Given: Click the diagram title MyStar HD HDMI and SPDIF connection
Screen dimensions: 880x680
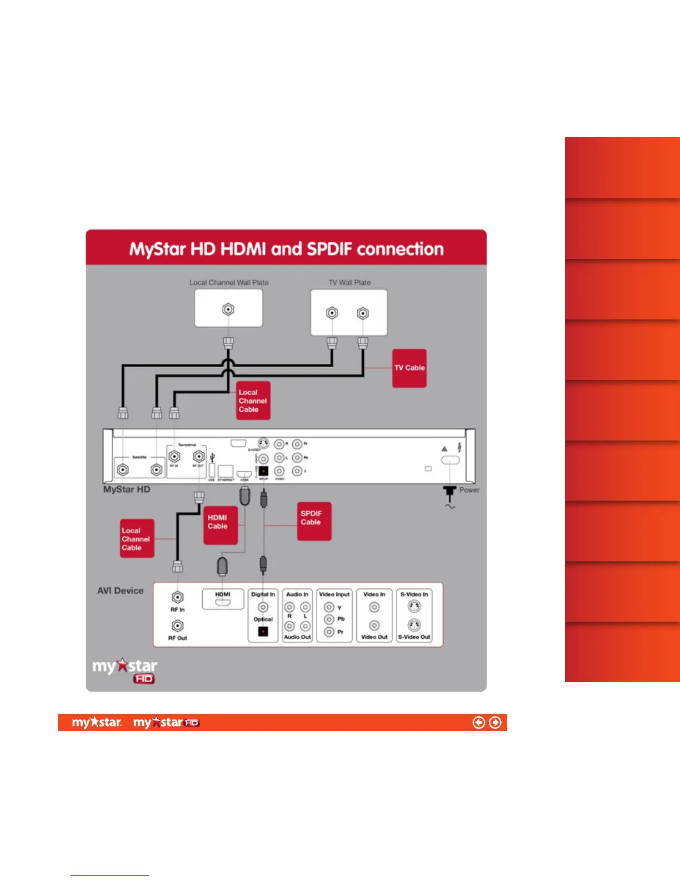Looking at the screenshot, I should click(286, 249).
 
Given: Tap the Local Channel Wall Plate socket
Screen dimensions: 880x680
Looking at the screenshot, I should click(228, 309).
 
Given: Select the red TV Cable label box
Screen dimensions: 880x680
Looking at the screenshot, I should click(409, 368).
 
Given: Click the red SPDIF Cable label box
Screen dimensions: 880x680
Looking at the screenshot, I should click(314, 521).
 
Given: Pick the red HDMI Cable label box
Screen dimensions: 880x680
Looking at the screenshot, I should click(221, 524).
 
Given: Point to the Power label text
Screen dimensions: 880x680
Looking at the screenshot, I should click(469, 490).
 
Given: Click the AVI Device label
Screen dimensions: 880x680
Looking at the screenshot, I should click(120, 591).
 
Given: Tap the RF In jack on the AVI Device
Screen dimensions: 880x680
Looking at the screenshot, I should click(178, 597).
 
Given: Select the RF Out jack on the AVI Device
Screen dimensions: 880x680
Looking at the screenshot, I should click(178, 626).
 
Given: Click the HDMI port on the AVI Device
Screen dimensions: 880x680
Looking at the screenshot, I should click(223, 602).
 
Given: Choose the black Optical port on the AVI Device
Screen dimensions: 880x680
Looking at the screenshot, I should click(263, 631).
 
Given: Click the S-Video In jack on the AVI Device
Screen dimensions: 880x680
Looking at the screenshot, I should click(414, 607).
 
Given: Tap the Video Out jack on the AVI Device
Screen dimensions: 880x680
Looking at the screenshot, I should click(374, 626).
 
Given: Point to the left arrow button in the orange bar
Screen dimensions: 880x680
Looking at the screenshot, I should click(478, 722).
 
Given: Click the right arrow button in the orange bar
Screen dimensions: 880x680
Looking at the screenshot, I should click(495, 722).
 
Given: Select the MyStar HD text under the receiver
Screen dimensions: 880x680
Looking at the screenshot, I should click(127, 489).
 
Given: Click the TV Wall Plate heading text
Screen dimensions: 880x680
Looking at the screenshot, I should click(349, 282).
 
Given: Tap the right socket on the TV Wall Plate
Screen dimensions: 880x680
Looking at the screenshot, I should click(363, 313).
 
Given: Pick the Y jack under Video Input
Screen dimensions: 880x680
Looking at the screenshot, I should click(329, 607).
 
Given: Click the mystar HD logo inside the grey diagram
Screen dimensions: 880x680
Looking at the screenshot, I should click(125, 670).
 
